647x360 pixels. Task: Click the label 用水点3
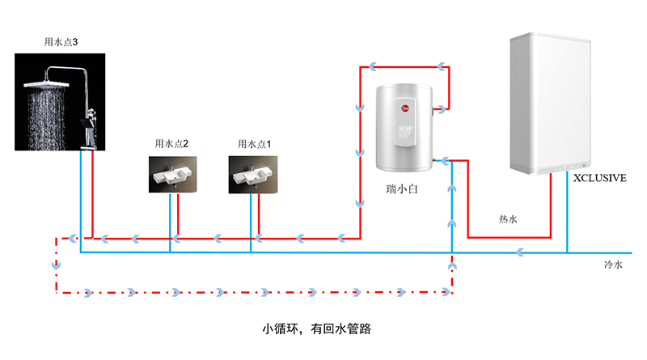click(61, 42)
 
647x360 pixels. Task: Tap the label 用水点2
click(171, 143)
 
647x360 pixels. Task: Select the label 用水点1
click(254, 144)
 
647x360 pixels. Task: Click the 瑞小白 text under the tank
click(402, 189)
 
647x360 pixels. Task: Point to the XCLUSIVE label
click(600, 178)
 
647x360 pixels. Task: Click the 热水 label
click(508, 218)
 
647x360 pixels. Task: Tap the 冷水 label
click(613, 265)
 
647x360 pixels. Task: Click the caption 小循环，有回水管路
click(316, 328)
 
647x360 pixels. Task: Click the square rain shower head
click(46, 84)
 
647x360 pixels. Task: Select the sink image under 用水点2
click(173, 174)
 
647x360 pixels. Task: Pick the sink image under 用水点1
click(253, 174)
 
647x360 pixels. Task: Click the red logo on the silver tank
click(405, 108)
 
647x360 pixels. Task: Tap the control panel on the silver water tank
click(404, 122)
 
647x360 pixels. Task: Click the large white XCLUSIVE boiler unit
click(551, 104)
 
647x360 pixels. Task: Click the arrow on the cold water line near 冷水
click(520, 252)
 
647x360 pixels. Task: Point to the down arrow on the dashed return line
click(57, 265)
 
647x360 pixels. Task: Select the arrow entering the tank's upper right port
click(442, 109)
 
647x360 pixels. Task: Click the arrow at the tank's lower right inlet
click(445, 161)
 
